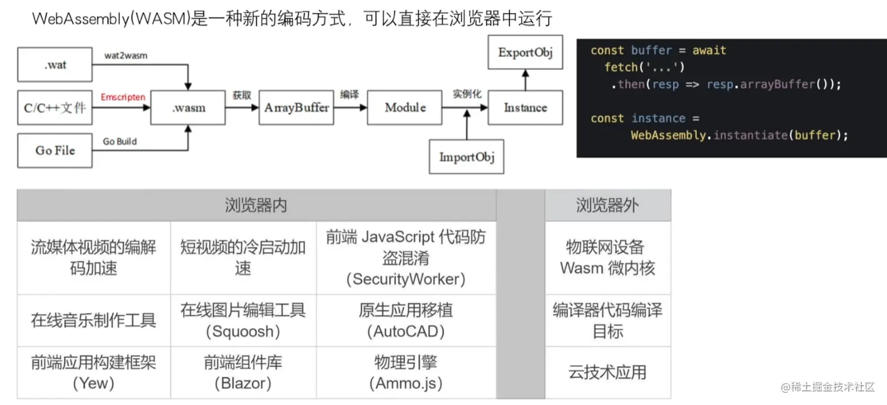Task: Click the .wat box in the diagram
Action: tap(55, 65)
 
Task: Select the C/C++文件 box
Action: tap(55, 107)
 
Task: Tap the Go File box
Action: tap(55, 150)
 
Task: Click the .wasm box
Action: tap(188, 107)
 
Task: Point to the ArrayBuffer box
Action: tap(296, 107)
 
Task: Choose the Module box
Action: tap(405, 107)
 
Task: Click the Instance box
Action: tap(525, 107)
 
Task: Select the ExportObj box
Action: tap(525, 52)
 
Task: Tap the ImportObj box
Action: tap(466, 157)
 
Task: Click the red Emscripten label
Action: tap(123, 97)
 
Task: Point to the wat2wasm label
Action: tap(126, 55)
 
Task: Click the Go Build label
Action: tap(120, 141)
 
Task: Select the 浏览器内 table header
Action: tap(256, 205)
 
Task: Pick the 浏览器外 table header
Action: tap(607, 205)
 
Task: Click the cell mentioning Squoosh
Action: tap(243, 320)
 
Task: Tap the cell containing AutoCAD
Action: tap(406, 320)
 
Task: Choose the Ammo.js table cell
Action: tap(406, 372)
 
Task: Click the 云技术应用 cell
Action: tap(607, 372)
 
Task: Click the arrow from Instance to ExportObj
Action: tap(526, 80)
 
